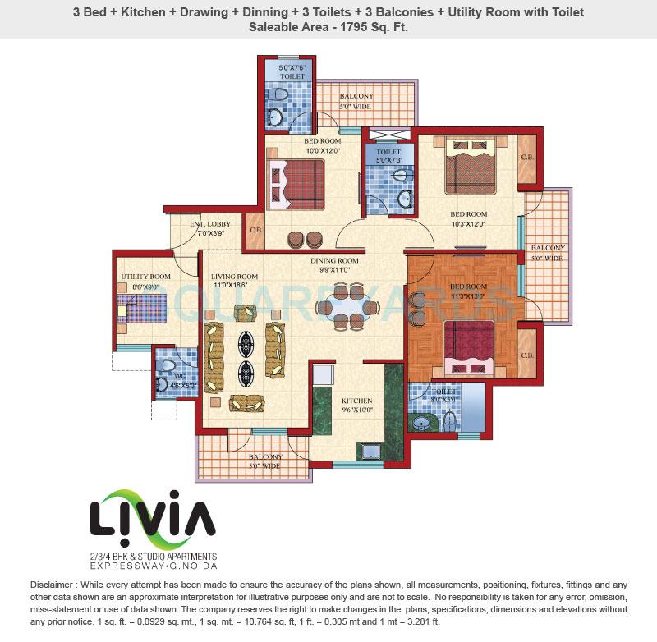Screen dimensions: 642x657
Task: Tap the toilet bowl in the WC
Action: [x=167, y=367]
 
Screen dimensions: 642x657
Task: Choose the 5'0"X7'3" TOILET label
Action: [x=388, y=157]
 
